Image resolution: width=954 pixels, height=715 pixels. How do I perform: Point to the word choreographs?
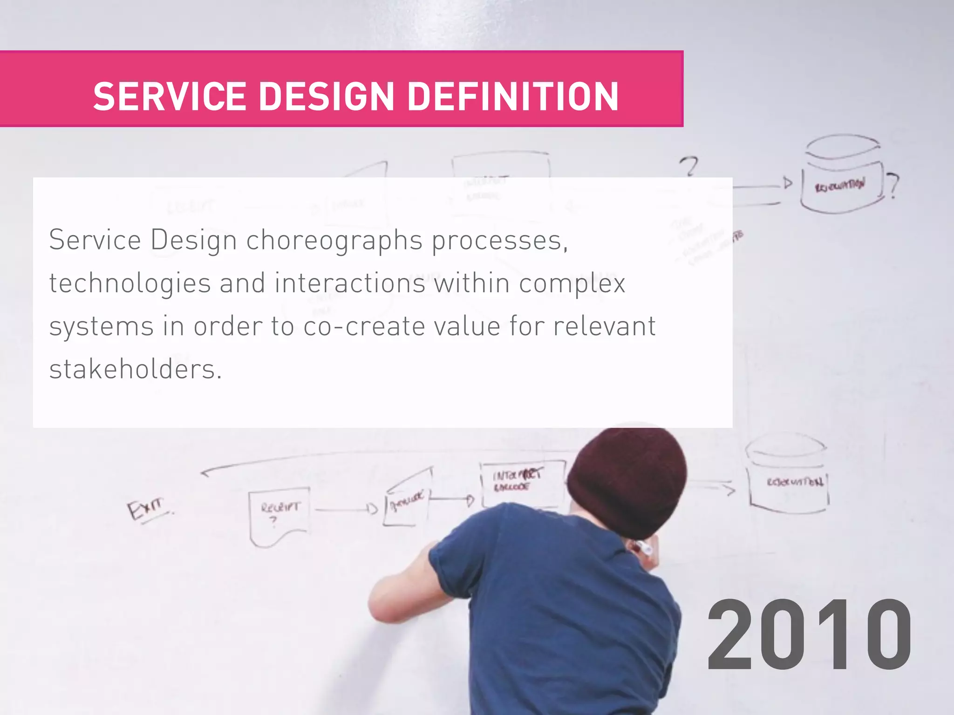(x=334, y=241)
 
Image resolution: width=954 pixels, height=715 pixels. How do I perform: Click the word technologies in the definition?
(x=130, y=284)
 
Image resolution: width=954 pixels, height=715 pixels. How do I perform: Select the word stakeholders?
(x=135, y=370)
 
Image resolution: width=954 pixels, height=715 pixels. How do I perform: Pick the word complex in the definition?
(x=572, y=284)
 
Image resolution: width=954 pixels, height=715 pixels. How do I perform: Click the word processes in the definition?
(x=499, y=241)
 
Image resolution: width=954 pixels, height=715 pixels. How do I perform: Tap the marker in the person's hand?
(x=645, y=548)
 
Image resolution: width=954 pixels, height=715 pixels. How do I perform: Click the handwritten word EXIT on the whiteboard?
(x=146, y=509)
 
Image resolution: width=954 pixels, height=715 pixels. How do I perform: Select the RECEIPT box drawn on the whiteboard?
(x=280, y=514)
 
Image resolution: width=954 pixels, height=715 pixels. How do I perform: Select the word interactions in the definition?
(x=350, y=284)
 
